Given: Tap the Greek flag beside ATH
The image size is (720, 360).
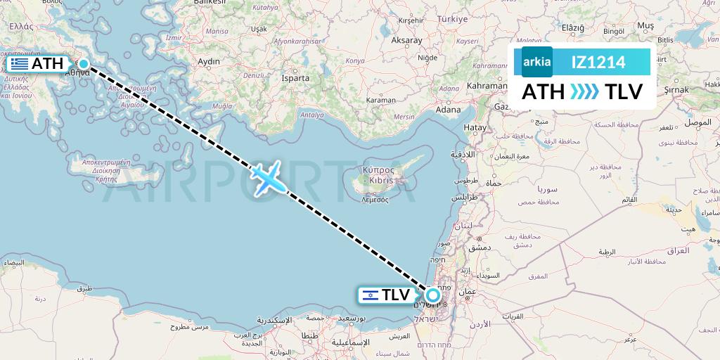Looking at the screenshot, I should (20, 64).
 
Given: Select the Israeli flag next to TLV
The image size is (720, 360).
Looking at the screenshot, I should (371, 295).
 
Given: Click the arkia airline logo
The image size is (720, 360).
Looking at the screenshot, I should (536, 62).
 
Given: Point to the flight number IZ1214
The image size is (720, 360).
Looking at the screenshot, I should (598, 62).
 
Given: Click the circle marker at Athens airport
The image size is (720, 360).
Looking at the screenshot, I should (84, 64).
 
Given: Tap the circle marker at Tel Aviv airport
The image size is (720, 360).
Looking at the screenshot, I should (432, 295).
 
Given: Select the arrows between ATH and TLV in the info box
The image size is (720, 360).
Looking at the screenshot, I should (584, 92).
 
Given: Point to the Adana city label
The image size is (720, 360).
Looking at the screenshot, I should (447, 110).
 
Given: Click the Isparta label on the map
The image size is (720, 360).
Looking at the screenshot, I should (295, 78).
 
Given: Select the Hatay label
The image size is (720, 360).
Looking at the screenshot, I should (475, 127).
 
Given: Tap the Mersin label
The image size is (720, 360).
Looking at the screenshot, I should (404, 117).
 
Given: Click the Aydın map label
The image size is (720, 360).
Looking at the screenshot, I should (209, 62).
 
